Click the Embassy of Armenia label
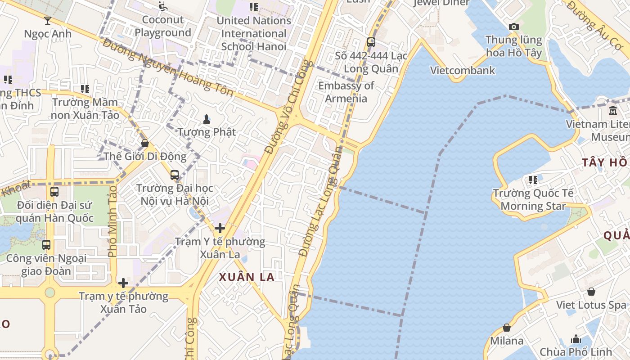[346, 92]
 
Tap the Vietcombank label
[463, 70]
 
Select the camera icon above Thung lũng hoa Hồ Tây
[513, 27]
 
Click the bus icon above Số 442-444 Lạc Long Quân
[371, 42]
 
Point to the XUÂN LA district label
[247, 277]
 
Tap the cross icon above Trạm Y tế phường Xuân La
[220, 228]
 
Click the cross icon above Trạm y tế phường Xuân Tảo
[123, 283]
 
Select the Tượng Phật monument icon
[207, 119]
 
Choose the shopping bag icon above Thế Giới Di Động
[145, 143]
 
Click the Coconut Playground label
[163, 26]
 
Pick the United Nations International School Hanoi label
[254, 33]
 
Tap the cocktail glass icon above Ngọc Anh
[48, 20]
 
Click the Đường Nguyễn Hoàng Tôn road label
[168, 67]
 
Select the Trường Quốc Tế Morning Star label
[533, 199]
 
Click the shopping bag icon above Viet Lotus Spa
[591, 292]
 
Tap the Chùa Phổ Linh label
[576, 351]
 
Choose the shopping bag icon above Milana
[507, 328]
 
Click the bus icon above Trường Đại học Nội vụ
[175, 175]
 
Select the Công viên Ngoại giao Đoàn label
[46, 265]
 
